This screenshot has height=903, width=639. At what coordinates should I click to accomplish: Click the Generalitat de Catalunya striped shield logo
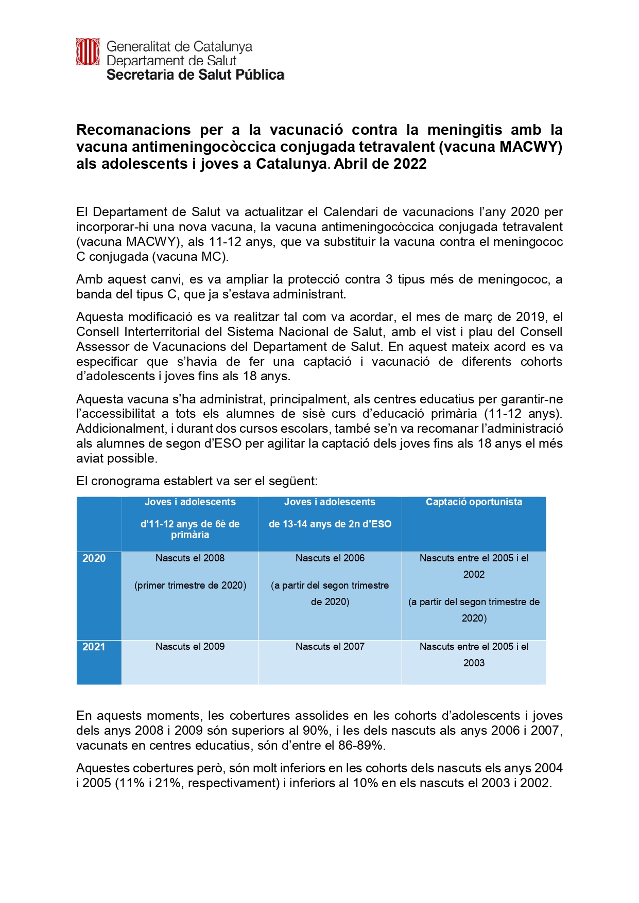[88, 51]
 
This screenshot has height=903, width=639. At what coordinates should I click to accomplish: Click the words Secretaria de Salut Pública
[195, 75]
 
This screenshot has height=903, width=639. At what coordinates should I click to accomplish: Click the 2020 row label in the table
[94, 558]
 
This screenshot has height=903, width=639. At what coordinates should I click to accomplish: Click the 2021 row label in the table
[94, 647]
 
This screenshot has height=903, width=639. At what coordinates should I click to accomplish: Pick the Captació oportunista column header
[474, 502]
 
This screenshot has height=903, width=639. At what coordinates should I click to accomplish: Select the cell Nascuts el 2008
[190, 558]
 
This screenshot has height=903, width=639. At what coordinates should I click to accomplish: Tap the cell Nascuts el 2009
[190, 647]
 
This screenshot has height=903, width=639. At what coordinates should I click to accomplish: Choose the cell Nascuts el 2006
[330, 558]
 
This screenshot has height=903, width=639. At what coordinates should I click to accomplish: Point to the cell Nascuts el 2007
[330, 647]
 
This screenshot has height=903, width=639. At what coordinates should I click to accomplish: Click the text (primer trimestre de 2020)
[190, 586]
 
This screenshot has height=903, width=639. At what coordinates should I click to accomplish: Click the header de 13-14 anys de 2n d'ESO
[330, 524]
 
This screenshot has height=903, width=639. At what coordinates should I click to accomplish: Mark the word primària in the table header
[190, 535]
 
